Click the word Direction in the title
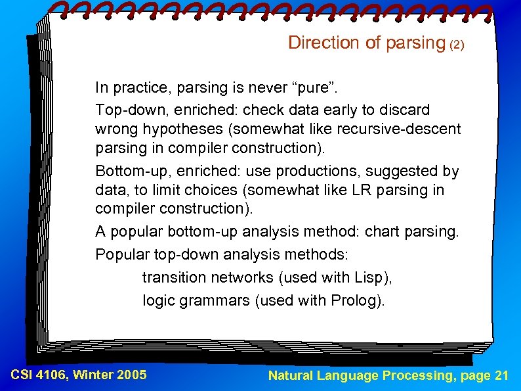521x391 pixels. coord(316,43)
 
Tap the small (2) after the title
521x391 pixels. coord(457,45)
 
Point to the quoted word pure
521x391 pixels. coord(308,87)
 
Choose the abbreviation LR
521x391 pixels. coord(354,191)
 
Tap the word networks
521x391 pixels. coord(243,277)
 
